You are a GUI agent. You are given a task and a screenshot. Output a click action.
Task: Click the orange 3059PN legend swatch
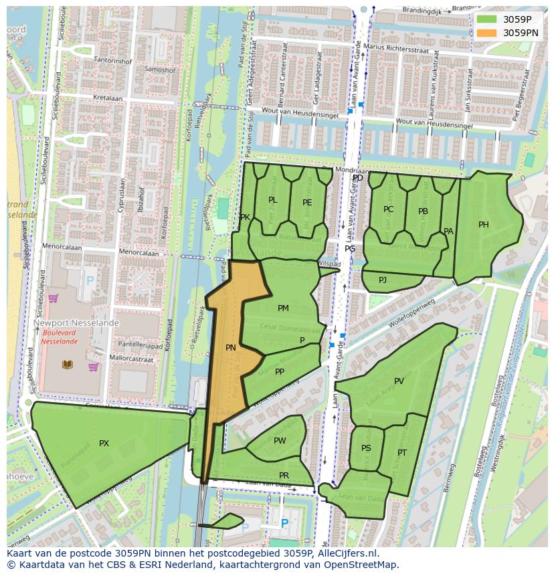point(486,32)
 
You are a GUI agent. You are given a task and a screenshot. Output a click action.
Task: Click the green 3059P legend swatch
point(486,19)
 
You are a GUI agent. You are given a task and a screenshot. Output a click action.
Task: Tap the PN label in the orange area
point(230,348)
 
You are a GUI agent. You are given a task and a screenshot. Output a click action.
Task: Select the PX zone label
point(104,444)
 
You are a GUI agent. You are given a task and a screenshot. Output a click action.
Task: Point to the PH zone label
point(483,225)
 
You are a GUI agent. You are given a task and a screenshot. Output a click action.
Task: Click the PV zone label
point(399,381)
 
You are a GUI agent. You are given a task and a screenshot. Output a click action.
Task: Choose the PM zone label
point(283,308)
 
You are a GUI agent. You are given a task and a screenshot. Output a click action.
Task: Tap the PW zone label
point(280,441)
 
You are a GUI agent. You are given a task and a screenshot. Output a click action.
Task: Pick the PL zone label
point(272,200)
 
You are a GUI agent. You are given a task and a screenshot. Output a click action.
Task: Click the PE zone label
point(307,203)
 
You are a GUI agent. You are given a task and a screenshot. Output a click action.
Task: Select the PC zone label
point(388,209)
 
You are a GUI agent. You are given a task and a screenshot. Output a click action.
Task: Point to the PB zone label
point(423,211)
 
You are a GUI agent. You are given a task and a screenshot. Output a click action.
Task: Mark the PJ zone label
point(383,280)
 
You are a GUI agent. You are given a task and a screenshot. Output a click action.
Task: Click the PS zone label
point(366,448)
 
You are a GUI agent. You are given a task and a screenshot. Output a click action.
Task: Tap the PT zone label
point(402,453)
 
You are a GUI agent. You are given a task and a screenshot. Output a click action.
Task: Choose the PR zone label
point(284,476)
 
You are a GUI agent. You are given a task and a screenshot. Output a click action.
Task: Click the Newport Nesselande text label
point(76,323)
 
